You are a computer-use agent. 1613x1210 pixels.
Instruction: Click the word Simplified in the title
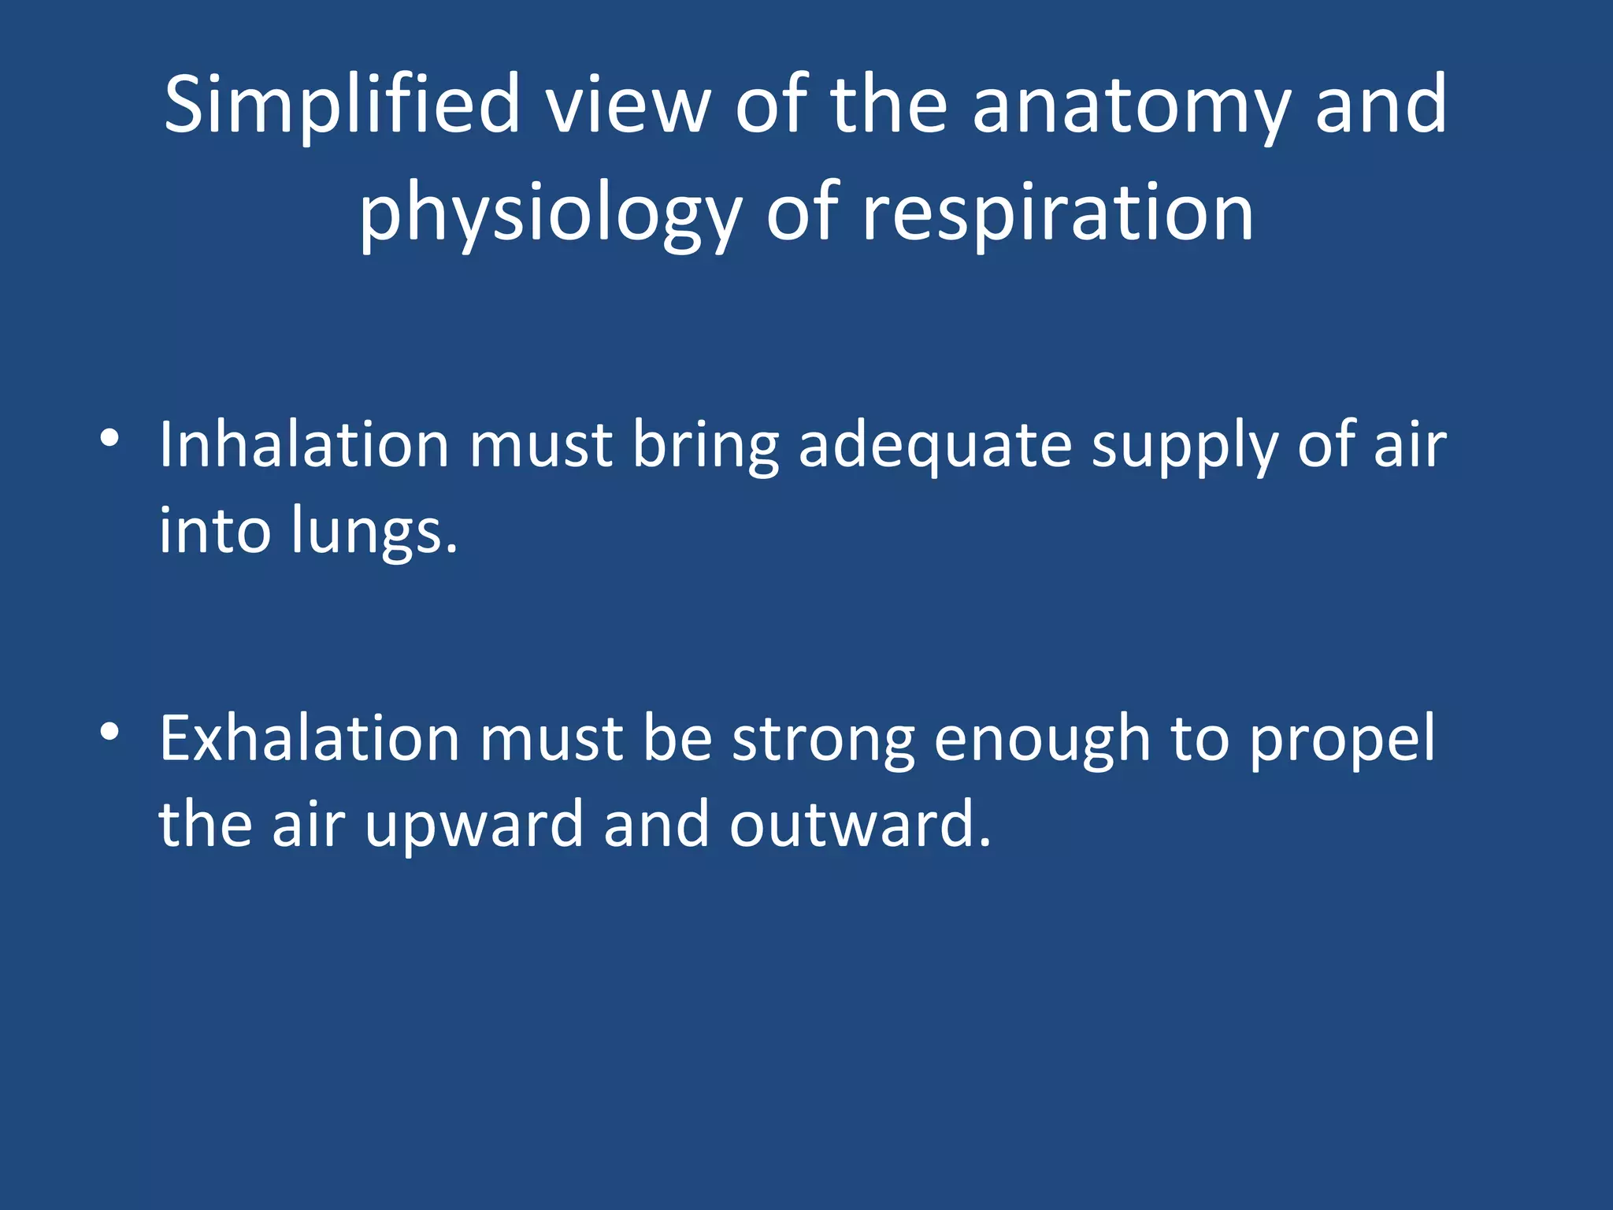(342, 105)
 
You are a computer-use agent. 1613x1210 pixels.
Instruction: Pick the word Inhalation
(304, 445)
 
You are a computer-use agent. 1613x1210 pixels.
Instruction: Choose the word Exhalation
(310, 739)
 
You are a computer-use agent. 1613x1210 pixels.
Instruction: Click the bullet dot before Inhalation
(109, 437)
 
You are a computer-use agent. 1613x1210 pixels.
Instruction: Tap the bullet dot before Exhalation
(109, 732)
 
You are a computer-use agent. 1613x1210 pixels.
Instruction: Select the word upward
(473, 826)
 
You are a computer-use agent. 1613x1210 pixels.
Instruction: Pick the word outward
(859, 824)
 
